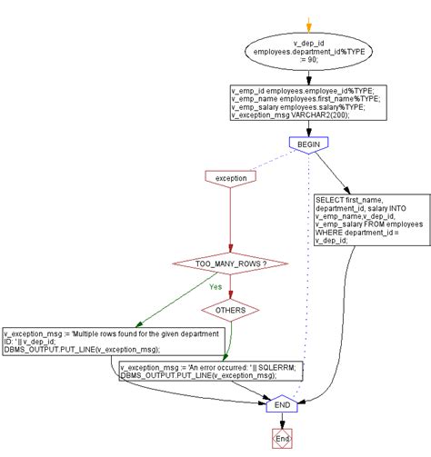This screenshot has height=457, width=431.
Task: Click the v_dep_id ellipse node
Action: tap(308, 57)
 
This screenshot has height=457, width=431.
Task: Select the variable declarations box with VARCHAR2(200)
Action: tap(308, 104)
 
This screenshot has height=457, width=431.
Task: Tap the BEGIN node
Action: tap(308, 144)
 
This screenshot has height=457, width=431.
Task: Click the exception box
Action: tap(231, 178)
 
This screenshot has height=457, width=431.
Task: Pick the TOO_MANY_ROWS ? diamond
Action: tap(231, 263)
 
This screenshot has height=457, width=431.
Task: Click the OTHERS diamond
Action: tap(231, 310)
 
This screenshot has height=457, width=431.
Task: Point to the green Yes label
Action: tap(215, 285)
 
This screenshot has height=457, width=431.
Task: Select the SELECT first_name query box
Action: tap(370, 219)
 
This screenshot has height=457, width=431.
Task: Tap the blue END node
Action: tap(282, 403)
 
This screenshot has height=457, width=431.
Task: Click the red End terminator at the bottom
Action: tap(282, 440)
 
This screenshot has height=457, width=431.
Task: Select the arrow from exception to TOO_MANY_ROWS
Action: tap(231, 218)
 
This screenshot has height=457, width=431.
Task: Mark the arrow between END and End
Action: tap(282, 421)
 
